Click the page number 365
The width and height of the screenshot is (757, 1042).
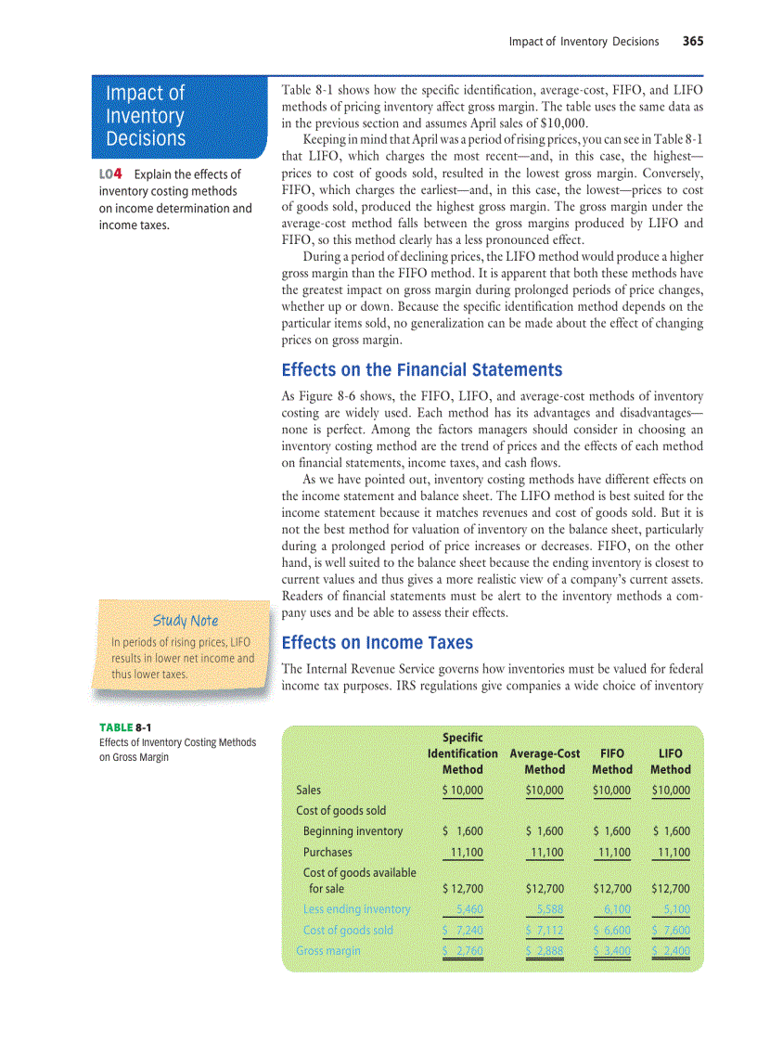pos(693,41)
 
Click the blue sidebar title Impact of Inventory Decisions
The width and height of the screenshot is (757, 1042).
pos(146,116)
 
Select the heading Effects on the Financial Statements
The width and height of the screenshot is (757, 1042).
pos(421,369)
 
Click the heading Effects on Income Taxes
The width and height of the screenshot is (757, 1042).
pos(377,642)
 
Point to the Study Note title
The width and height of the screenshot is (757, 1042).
pos(186,620)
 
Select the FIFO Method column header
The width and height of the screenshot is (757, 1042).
pos(612,761)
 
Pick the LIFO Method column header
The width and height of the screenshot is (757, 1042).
pos(671,761)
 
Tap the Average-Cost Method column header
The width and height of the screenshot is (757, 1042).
pos(545,761)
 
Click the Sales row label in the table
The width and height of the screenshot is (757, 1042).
pos(308,791)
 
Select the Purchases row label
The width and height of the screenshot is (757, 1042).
pos(327,852)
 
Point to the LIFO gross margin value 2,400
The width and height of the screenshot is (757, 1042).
pos(674,950)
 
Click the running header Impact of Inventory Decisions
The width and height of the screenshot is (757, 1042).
pos(584,41)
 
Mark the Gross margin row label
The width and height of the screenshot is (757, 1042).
pos(327,950)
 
